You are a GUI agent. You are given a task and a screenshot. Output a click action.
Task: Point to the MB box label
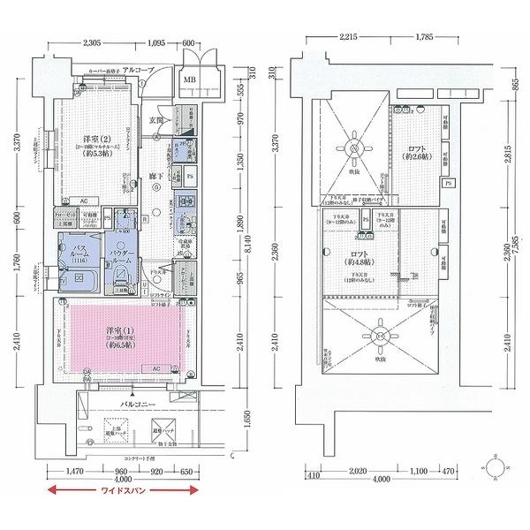point(189,82)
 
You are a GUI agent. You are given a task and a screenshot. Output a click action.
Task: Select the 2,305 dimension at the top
point(98,42)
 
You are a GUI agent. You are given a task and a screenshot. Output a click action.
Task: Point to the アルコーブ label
point(139,70)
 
